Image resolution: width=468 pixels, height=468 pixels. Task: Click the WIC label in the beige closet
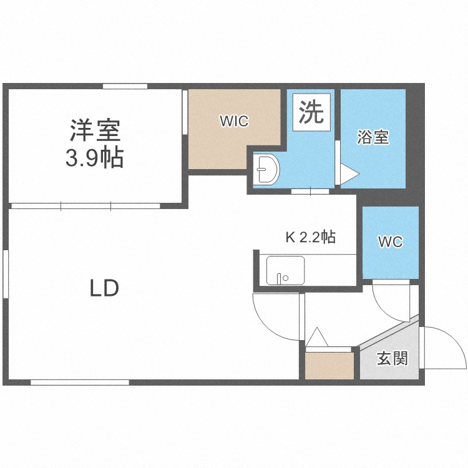(234, 122)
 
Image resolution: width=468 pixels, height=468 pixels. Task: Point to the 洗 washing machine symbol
(310, 113)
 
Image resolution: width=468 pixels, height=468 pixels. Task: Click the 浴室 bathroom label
(373, 138)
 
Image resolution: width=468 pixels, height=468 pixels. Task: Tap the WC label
(390, 242)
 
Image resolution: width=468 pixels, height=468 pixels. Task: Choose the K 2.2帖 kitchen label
(310, 237)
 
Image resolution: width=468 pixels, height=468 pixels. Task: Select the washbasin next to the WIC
(266, 169)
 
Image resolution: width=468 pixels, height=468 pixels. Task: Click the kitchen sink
(285, 270)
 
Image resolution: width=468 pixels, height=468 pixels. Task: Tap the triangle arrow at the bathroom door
(348, 173)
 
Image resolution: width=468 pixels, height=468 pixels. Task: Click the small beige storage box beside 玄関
(329, 366)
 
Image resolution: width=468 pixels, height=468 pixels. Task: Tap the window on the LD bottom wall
(79, 382)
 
